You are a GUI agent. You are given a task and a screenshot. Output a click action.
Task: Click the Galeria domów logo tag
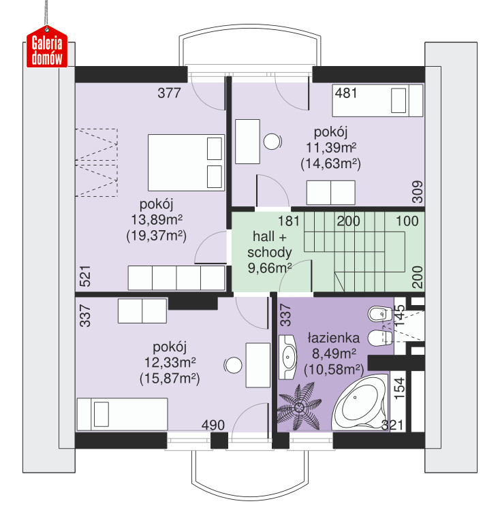(47, 48)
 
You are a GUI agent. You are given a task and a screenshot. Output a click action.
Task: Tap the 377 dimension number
(169, 93)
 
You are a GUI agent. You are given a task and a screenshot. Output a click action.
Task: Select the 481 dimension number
(346, 93)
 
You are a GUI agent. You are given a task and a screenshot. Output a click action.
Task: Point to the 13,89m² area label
(157, 220)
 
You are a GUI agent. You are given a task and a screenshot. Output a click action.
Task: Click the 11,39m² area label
(331, 147)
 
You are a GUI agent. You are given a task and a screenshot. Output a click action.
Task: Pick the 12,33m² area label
(170, 362)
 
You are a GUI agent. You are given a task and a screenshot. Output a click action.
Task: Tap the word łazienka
(334, 338)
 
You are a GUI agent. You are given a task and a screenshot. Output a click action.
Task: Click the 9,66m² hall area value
(270, 268)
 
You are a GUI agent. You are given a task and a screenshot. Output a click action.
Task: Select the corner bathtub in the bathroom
(360, 402)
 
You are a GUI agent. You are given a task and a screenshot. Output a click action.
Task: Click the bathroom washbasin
(287, 357)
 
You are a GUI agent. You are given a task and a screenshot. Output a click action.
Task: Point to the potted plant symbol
(299, 407)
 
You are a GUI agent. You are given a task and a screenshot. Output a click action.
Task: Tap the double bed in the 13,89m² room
(186, 163)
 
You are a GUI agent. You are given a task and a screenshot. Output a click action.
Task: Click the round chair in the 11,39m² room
(272, 142)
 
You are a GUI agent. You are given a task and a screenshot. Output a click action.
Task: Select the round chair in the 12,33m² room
(233, 365)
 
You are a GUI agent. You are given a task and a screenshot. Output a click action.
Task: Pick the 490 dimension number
(213, 425)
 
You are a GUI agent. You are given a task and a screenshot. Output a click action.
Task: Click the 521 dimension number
(85, 276)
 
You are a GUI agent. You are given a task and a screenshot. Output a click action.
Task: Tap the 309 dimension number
(418, 192)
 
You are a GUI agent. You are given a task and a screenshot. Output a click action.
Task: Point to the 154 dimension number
(399, 388)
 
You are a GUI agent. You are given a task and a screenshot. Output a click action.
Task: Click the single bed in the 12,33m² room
(122, 414)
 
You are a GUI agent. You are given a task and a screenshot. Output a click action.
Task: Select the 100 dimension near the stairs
(407, 221)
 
